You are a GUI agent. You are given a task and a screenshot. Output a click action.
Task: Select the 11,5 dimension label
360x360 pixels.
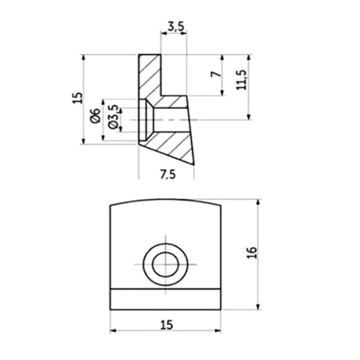point(241,80)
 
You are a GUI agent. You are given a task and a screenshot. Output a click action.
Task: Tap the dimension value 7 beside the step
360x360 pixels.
point(216,74)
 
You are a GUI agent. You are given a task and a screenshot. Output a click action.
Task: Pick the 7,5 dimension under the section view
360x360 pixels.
point(168,175)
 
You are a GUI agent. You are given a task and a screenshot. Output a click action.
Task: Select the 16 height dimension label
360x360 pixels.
point(252,252)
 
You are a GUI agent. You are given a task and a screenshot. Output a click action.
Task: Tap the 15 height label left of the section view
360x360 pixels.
point(78,98)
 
